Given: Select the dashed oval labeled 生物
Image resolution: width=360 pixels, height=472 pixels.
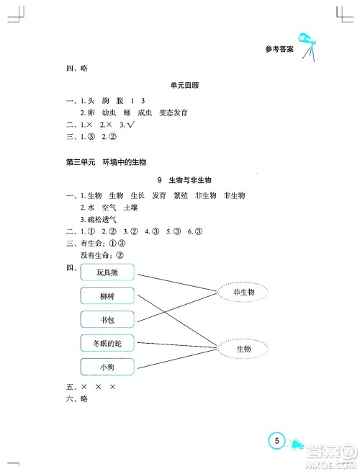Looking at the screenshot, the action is (x=243, y=349).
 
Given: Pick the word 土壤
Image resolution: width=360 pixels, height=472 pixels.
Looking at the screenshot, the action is (x=130, y=207).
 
